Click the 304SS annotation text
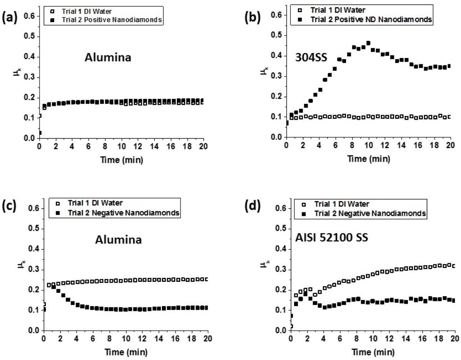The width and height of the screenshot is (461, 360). (x=308, y=57)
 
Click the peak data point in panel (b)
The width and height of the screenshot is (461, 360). (x=368, y=43)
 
